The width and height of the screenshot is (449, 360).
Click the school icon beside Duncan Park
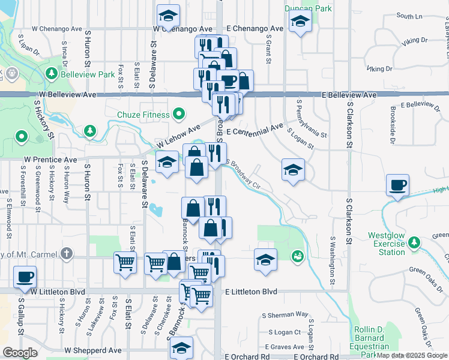[x=298, y=23]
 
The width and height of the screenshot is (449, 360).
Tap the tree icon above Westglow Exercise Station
[x=414, y=242]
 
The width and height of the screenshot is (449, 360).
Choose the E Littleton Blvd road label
[x=252, y=292]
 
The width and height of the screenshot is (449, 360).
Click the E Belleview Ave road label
[x=349, y=95]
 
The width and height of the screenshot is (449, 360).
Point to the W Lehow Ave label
[x=178, y=137]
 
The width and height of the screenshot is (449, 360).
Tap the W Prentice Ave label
[x=50, y=160]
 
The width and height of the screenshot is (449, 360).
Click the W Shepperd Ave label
[x=93, y=350]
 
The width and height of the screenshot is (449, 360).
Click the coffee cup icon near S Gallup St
[x=25, y=277]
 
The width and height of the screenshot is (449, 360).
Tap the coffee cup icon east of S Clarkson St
[x=397, y=185]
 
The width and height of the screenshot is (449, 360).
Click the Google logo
[x=20, y=353]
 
